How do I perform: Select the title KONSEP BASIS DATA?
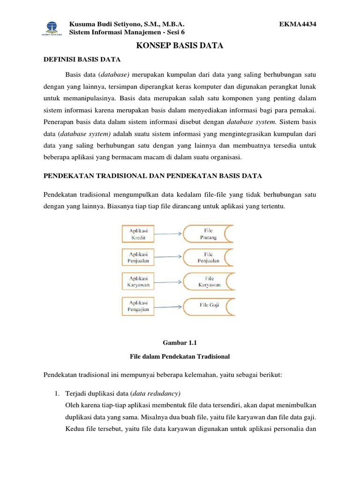[180, 45]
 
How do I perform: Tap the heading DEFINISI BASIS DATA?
[82, 60]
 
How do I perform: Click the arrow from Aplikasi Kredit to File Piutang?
[167, 233]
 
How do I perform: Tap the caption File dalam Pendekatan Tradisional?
[180, 356]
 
